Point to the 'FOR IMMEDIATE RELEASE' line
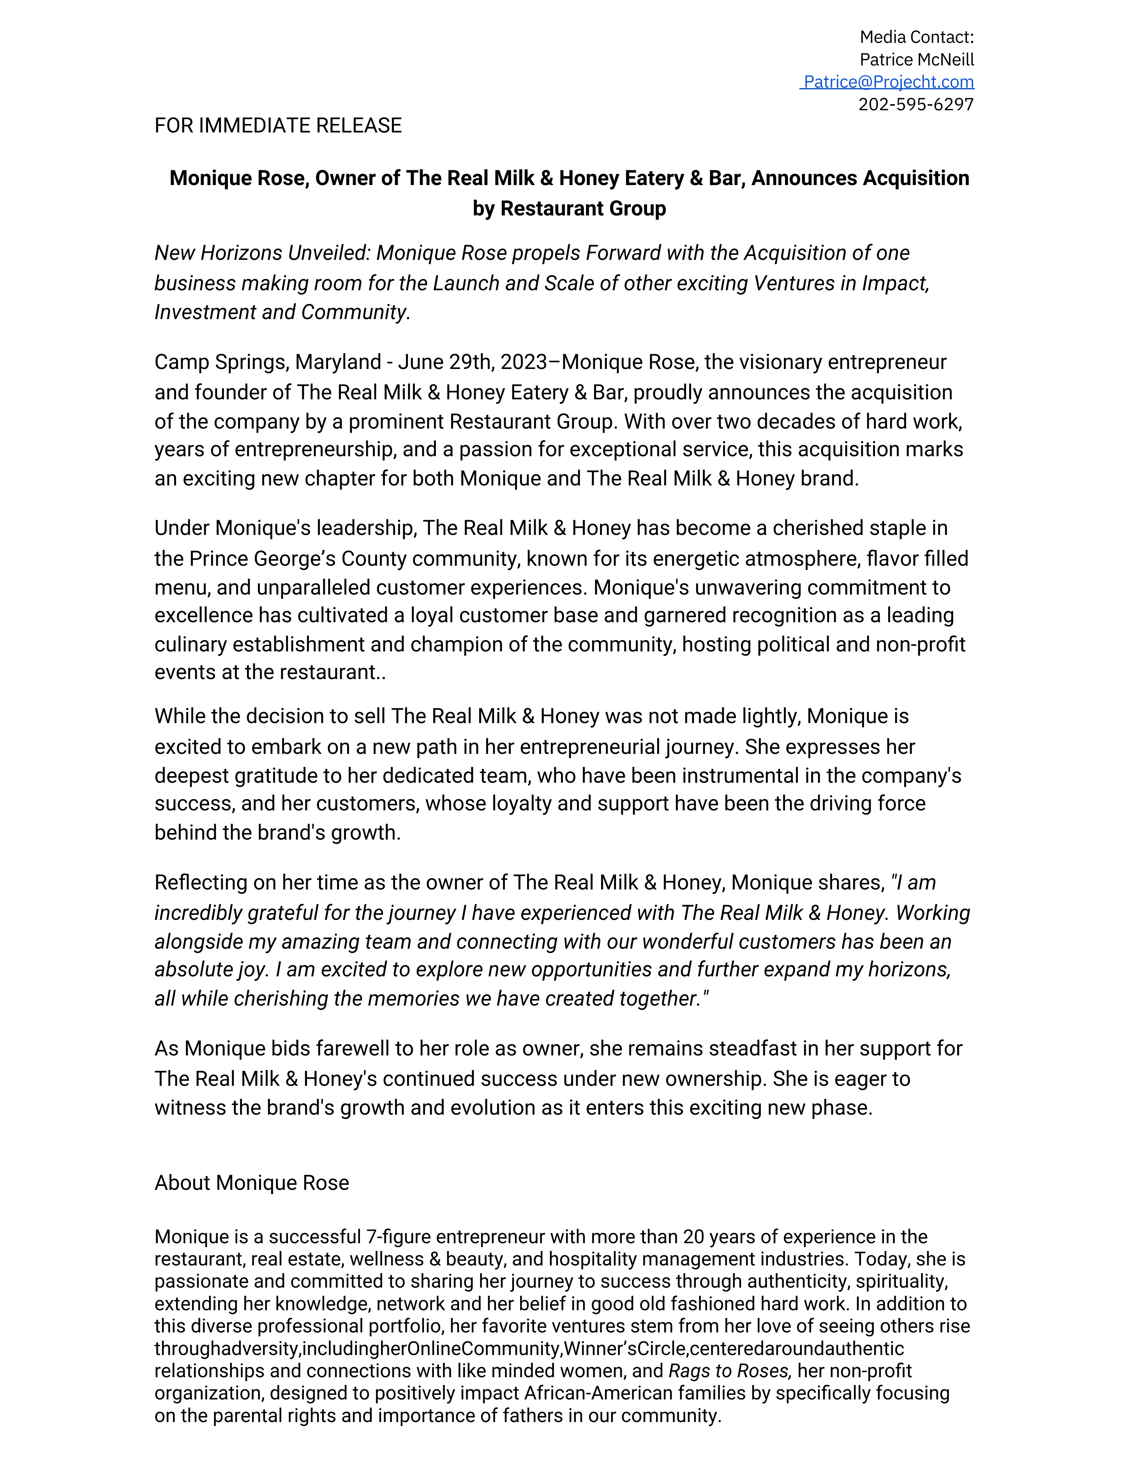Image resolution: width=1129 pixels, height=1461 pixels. (x=278, y=126)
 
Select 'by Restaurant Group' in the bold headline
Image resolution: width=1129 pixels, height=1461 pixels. (x=569, y=209)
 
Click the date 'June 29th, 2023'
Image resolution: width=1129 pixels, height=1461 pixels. (x=473, y=362)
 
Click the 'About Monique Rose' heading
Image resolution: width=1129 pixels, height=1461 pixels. (x=252, y=1183)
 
